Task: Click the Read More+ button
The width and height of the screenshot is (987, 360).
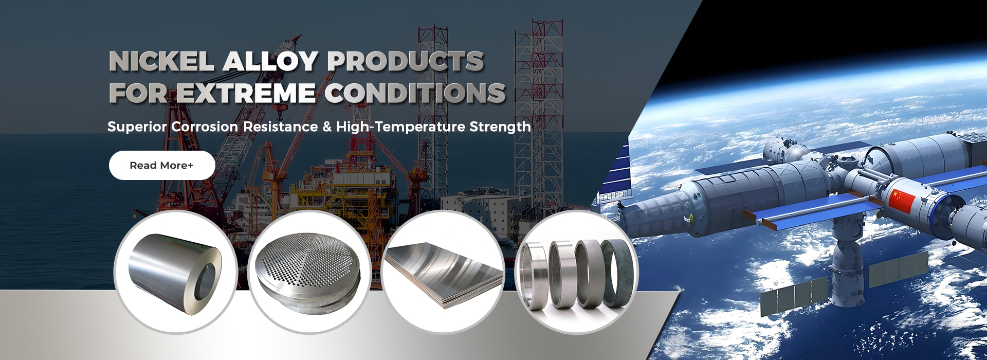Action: point(162,165)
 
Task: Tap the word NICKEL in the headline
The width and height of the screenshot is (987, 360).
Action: point(162,62)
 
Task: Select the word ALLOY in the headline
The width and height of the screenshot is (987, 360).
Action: point(270,62)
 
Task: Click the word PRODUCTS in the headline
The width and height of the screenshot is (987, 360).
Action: point(406,62)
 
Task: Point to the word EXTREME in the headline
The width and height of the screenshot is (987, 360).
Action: point(246,93)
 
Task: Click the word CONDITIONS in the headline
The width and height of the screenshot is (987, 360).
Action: point(415,93)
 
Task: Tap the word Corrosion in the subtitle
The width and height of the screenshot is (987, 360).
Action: point(205,127)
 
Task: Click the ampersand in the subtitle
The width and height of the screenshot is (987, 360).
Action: point(327,127)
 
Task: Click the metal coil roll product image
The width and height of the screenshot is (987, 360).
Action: point(175,273)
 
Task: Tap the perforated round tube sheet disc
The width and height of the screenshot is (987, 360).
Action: point(309,273)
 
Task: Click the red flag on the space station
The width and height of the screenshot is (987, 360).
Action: point(901,201)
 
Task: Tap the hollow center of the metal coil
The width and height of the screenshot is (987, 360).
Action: point(207,281)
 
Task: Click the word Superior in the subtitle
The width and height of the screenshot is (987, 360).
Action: point(137,127)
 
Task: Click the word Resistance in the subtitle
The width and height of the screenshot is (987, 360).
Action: point(281,127)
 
